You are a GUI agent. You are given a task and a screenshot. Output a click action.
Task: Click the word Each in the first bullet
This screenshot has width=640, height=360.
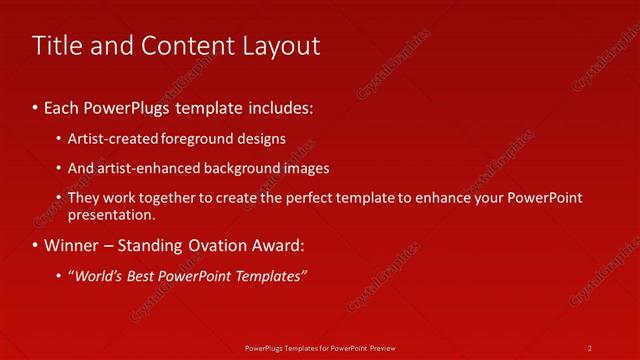click(x=63, y=105)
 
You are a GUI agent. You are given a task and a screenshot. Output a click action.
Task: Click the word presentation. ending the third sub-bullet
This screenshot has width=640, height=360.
click(x=112, y=214)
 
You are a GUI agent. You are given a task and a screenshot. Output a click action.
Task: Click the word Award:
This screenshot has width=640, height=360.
click(x=275, y=245)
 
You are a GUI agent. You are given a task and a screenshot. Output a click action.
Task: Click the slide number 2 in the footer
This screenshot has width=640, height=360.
click(x=590, y=348)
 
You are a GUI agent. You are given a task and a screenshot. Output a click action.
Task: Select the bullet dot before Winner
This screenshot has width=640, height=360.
click(x=35, y=245)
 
